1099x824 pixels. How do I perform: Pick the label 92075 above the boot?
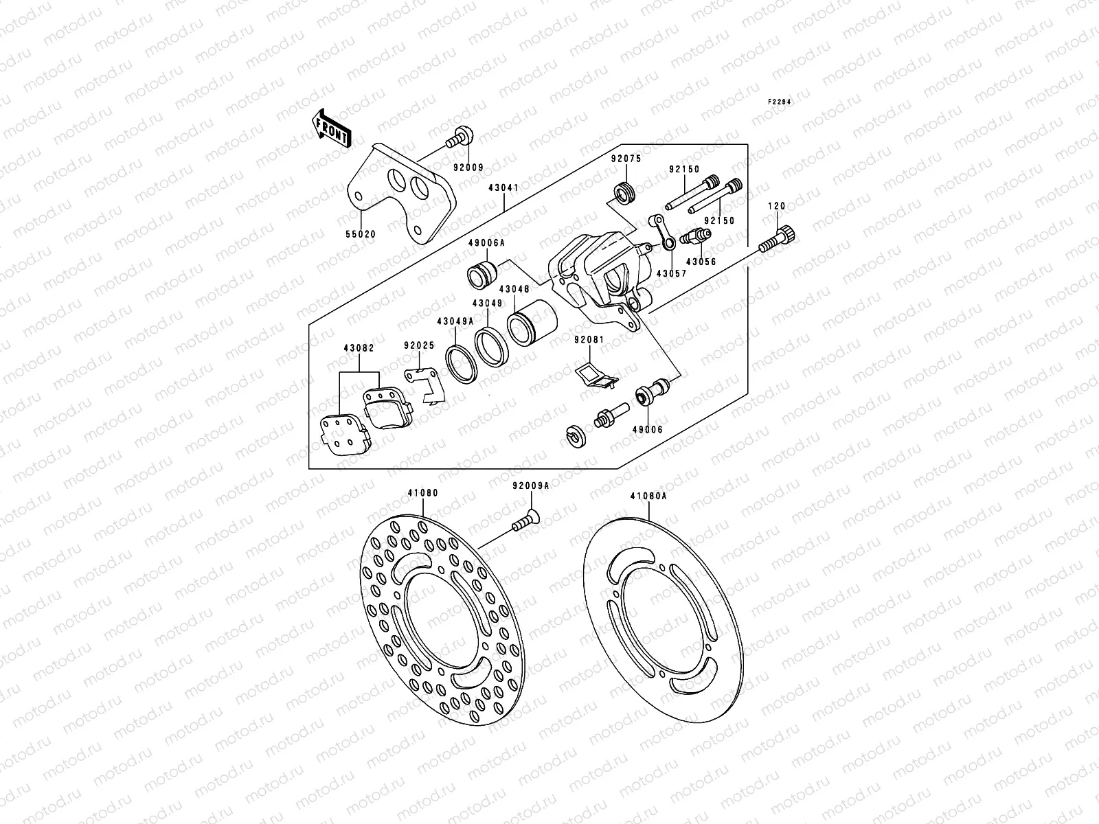pos(626,158)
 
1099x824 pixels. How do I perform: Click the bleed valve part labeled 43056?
pos(695,237)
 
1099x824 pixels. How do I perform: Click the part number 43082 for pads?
pos(359,349)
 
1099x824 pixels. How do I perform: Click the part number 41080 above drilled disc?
pos(422,493)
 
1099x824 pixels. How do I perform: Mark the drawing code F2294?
pos(780,102)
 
